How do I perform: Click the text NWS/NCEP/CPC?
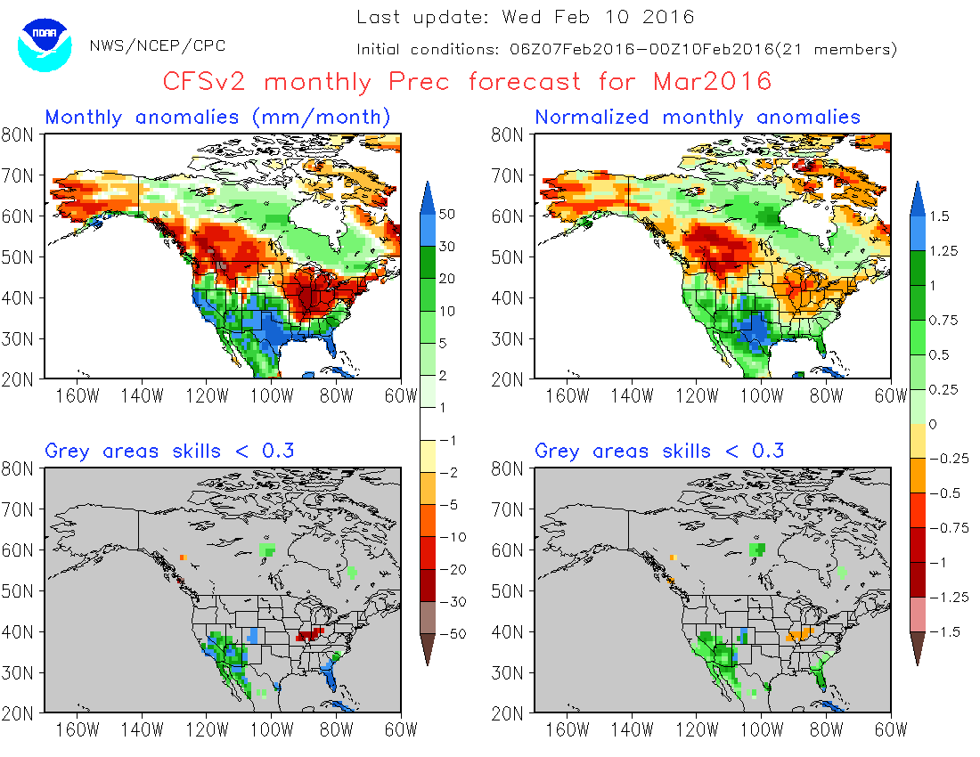pos(158,45)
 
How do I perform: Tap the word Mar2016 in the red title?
pos(712,82)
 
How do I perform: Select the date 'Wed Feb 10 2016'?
pos(598,17)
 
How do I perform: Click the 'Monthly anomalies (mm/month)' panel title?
pos(218,117)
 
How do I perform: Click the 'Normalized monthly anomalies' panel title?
pos(698,117)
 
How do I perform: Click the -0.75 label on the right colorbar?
pos(946,527)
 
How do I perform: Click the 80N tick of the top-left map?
pos(19,134)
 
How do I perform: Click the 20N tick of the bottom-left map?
pos(19,713)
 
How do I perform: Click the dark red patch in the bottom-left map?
pos(309,636)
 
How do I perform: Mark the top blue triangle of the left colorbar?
pos(430,197)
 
